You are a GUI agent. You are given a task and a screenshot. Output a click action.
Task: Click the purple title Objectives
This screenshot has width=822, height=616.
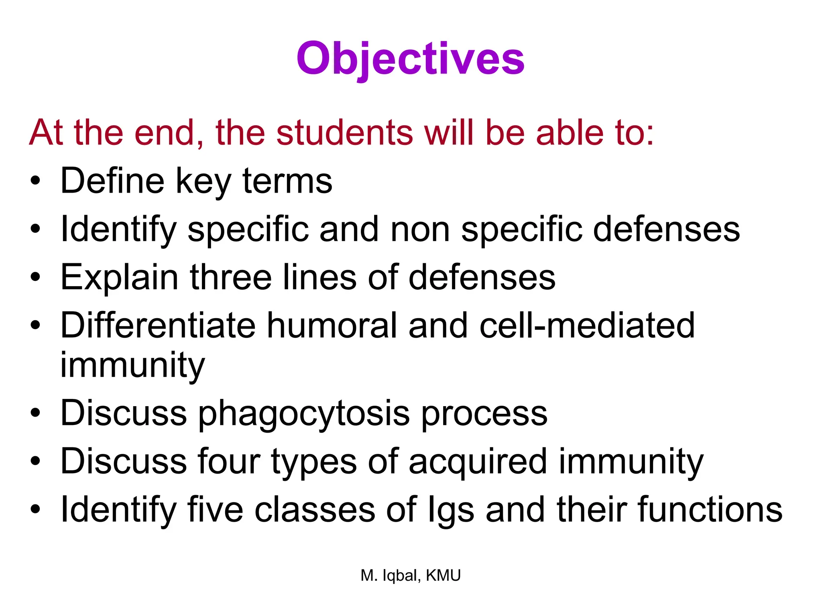point(410,59)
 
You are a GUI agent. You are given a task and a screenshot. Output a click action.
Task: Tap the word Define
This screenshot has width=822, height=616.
point(112,181)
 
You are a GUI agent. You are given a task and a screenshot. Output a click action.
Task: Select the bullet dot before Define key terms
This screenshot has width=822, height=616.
point(35,181)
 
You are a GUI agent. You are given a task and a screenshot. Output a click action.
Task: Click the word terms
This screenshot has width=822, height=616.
point(287,181)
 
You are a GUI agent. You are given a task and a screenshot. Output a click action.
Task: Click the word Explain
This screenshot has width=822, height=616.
point(119,277)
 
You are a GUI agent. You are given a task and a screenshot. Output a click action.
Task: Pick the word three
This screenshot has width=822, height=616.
point(231,277)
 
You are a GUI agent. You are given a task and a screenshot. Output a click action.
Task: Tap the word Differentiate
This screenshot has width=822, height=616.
point(158,325)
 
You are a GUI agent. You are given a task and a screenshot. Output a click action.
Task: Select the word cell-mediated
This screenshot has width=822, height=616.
point(587,325)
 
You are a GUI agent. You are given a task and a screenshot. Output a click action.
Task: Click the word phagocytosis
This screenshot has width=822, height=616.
point(304,413)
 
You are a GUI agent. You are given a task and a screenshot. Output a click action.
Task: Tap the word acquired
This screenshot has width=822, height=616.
point(478,461)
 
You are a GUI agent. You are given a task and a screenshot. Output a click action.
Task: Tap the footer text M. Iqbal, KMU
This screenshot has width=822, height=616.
point(410,575)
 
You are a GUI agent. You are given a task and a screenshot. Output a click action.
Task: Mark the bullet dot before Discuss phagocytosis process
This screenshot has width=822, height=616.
point(35,413)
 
